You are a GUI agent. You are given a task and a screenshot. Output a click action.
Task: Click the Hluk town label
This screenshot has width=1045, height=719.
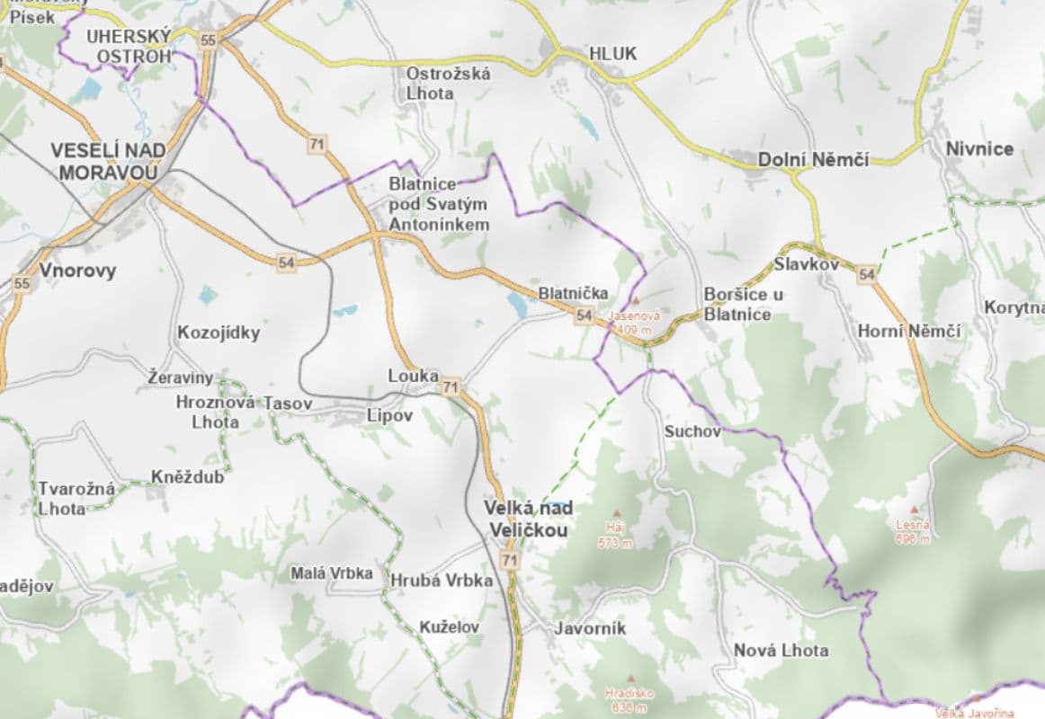[x=612, y=54]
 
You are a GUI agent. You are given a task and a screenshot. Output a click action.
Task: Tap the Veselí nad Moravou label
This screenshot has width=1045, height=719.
[x=104, y=161]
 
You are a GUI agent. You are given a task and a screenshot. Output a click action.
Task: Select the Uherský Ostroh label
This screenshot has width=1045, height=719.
[x=128, y=47]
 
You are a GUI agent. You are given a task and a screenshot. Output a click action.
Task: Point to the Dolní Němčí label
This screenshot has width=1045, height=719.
[x=813, y=159]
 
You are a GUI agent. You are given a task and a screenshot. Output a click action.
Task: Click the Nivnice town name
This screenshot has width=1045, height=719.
[x=979, y=149]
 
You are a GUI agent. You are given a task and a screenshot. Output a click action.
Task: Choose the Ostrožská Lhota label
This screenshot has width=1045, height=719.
[x=448, y=83]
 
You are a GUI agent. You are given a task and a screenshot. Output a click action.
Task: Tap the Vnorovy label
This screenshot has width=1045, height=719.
[x=77, y=270]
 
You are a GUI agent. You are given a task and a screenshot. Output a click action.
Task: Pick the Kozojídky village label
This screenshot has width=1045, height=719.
[x=219, y=333]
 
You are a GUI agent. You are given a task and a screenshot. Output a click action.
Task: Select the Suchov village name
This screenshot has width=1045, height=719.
[x=692, y=431]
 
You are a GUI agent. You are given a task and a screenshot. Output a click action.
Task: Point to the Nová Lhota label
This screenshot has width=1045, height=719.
[x=781, y=650]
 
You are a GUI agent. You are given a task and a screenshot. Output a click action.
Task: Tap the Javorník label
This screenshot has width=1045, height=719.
[x=590, y=628]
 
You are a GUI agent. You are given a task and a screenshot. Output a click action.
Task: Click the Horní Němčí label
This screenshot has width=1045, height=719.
[x=908, y=331]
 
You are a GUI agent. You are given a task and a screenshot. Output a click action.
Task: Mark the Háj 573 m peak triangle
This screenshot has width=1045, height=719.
[x=616, y=513]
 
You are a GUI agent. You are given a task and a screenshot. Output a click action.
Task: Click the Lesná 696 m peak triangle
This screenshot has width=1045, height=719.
[x=914, y=509]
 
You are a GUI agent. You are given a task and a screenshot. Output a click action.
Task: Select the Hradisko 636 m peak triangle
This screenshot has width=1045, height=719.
[x=630, y=679]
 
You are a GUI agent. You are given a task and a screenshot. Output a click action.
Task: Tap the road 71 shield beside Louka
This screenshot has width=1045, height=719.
[x=451, y=387]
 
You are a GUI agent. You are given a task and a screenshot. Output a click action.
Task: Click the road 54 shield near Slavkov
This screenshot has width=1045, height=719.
[x=866, y=273]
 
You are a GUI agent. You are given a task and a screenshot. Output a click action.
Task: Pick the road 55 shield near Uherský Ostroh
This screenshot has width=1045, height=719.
[x=209, y=40]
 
